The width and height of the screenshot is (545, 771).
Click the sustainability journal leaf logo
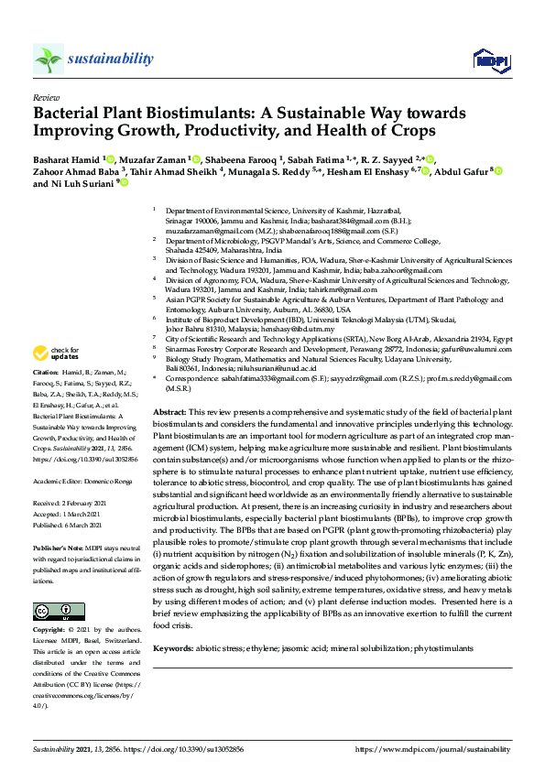click(49, 60)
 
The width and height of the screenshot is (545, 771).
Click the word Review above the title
click(45, 96)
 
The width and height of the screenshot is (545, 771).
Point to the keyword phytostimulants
click(443, 648)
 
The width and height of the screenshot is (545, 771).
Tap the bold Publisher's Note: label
click(58, 545)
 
